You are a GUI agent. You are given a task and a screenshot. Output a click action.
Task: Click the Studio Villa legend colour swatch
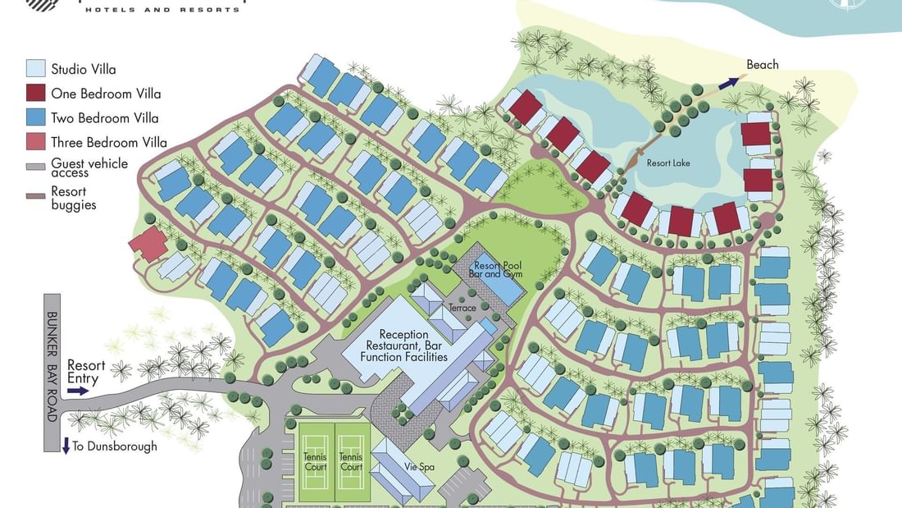[x=35, y=68]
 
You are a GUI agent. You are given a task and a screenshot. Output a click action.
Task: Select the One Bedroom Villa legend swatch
[x=35, y=93]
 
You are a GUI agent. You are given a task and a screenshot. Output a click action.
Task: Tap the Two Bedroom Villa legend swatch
[x=35, y=117]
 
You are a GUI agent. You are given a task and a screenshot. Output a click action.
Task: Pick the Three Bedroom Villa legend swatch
[x=35, y=142]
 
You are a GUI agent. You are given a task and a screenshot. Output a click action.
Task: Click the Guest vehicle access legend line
[x=35, y=167]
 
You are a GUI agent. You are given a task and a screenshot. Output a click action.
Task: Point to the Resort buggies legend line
[x=35, y=196]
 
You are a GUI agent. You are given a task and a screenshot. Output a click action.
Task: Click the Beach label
[x=762, y=65]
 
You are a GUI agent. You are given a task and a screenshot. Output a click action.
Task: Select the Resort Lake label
[x=668, y=163]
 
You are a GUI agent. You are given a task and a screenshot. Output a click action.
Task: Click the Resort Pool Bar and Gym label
[x=497, y=270]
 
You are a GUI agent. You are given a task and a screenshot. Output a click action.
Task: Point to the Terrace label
[x=462, y=308]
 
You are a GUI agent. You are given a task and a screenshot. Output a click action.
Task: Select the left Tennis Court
[x=315, y=462]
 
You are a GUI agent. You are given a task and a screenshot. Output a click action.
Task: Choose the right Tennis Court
[x=351, y=462]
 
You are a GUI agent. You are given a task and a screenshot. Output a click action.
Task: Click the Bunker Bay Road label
[x=52, y=367]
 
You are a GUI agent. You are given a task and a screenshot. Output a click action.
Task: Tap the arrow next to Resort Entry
[x=78, y=391]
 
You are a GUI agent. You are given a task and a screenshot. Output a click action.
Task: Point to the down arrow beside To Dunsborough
[x=66, y=446]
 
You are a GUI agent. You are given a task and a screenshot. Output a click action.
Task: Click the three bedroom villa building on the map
[x=148, y=244]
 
